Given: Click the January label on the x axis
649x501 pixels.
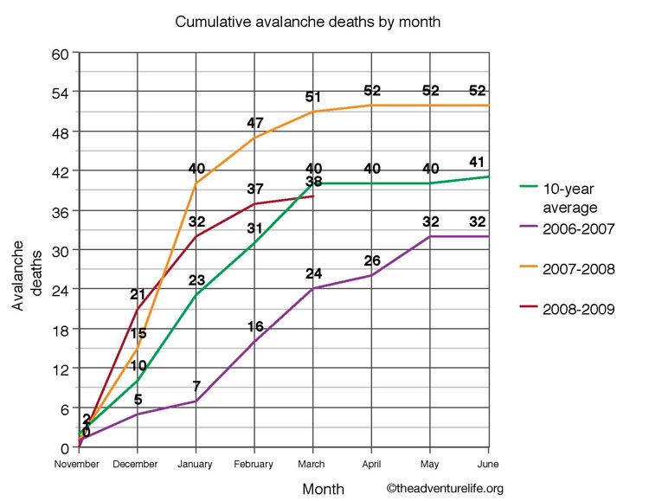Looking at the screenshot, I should click(x=196, y=464).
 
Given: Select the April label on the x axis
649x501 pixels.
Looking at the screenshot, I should click(x=371, y=464).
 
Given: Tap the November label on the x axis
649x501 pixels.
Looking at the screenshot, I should click(x=79, y=464).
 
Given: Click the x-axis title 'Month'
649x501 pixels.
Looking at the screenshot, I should click(x=324, y=489).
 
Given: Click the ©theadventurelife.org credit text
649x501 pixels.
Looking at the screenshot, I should click(x=445, y=489).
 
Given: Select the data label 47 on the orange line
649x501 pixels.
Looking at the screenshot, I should click(x=256, y=123).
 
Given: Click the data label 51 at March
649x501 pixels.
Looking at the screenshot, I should click(x=314, y=97).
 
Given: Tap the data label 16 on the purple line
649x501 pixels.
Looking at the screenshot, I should click(x=255, y=326).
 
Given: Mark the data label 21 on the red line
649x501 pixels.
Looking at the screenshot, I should click(x=138, y=295).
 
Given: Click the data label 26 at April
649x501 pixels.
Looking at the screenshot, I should click(x=372, y=260).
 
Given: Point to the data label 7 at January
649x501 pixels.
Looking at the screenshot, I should click(x=196, y=385).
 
